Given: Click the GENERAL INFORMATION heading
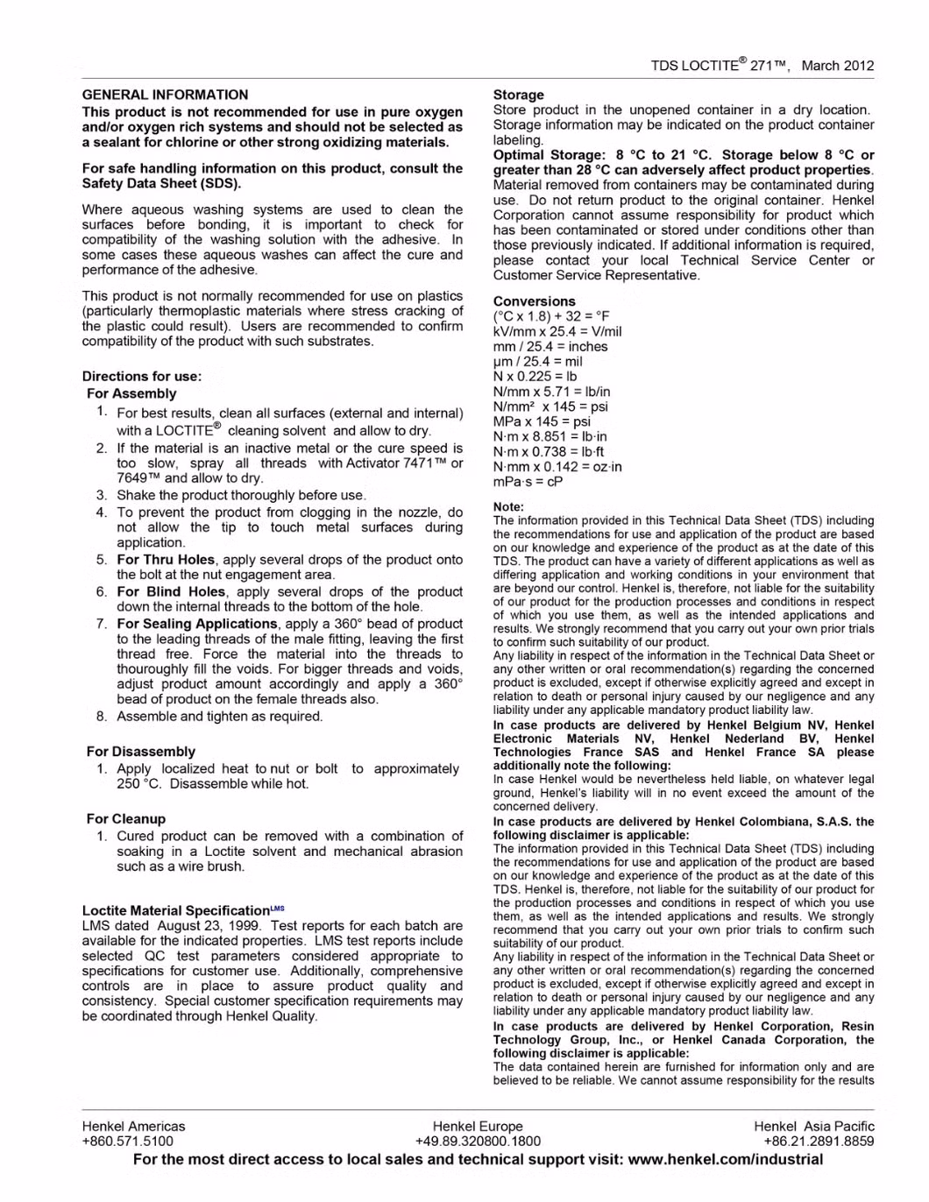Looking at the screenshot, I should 165,95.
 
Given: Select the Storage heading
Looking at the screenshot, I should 518,95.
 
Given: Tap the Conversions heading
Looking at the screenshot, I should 534,301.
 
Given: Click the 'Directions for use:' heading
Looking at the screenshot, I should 142,377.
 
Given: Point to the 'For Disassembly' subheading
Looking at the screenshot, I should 141,752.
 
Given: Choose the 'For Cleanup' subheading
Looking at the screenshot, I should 126,819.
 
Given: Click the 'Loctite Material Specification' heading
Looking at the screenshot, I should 176,910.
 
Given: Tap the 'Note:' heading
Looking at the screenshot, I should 508,507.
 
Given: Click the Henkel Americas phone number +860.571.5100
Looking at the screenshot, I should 128,1142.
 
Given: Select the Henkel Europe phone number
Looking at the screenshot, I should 478,1142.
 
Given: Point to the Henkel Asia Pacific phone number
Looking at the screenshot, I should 819,1142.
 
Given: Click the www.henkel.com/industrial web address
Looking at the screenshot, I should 726,1160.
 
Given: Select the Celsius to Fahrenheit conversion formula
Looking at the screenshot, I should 551,316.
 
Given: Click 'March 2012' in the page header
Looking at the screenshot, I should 837,66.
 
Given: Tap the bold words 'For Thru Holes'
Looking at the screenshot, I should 166,560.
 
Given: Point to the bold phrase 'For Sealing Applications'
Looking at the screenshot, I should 197,624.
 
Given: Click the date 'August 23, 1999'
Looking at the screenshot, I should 209,926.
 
